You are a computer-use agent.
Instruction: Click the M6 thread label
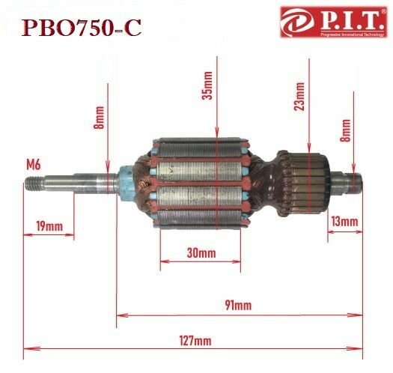(34, 163)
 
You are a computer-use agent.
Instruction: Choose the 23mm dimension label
(299, 97)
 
